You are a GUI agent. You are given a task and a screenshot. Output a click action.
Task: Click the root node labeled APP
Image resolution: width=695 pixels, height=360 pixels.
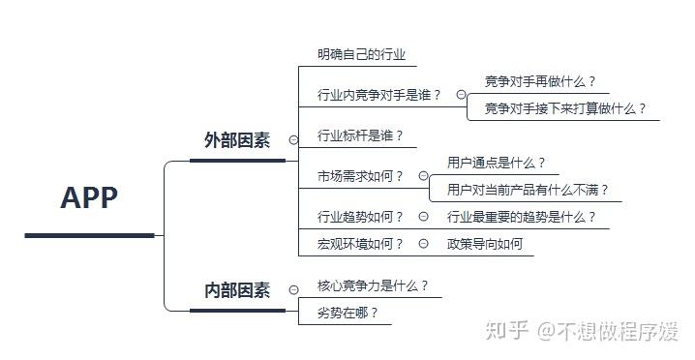click(89, 197)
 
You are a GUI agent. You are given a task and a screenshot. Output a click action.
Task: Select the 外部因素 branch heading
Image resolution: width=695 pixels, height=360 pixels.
click(237, 140)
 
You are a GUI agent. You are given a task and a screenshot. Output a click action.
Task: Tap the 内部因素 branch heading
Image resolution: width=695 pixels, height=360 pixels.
click(237, 290)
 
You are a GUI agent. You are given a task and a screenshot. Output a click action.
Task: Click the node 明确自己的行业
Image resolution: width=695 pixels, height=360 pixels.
click(361, 54)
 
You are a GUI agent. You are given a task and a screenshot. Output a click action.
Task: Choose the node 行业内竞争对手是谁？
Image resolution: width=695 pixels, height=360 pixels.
click(379, 95)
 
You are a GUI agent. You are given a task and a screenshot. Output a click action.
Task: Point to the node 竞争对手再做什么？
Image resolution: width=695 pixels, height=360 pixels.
click(540, 81)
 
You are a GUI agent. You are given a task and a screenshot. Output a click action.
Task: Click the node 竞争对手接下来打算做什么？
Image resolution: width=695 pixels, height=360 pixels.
click(565, 108)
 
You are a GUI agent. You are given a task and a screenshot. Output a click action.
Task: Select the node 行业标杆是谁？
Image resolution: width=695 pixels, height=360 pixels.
click(360, 135)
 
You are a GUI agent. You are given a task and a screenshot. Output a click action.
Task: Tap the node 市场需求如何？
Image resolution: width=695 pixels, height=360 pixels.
click(360, 176)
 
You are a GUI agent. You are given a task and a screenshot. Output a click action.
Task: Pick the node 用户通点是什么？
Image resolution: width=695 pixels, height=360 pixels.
click(496, 163)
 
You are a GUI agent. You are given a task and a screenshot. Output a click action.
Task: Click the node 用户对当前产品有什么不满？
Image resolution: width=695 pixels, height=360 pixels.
click(528, 190)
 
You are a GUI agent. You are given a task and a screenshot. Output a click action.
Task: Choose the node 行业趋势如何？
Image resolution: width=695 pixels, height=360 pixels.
click(360, 217)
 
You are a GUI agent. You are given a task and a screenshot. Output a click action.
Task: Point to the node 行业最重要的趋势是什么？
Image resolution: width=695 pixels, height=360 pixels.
click(521, 217)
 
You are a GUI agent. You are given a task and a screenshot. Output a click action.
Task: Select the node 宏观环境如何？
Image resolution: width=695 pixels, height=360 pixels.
click(360, 244)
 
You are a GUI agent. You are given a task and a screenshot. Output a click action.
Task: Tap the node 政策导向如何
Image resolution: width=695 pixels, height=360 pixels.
click(485, 244)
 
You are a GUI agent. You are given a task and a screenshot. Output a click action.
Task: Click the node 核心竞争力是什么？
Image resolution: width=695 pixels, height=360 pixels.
click(373, 285)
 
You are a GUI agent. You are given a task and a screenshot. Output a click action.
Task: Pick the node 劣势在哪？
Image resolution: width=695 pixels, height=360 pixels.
click(347, 313)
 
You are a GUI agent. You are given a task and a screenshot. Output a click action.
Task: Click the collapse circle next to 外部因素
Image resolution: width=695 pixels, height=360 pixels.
click(293, 140)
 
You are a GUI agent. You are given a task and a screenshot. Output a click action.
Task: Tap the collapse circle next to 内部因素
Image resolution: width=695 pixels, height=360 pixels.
click(293, 290)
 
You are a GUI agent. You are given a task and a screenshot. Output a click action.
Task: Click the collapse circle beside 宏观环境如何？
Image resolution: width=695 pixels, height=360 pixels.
click(424, 243)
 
